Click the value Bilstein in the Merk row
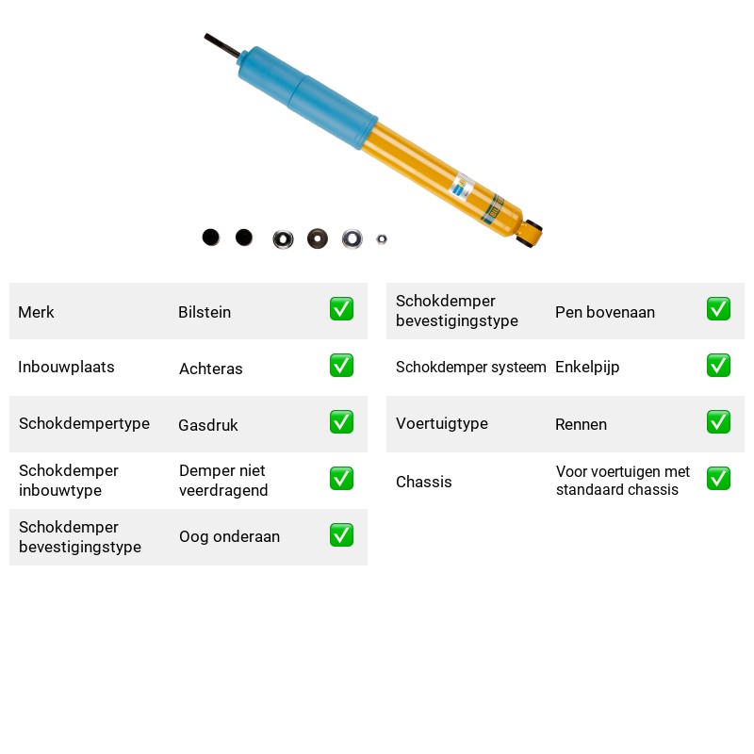coord(205,312)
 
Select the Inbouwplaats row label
coord(66,367)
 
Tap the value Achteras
coord(210,369)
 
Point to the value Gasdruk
coord(207,425)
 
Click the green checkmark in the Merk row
coord(341,309)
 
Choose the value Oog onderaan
coord(229,536)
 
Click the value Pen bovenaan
coord(605,312)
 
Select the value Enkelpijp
coord(587,368)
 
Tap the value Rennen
coord(581,424)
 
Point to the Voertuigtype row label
coord(442,423)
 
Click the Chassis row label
coord(423,482)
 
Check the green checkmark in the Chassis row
coord(718,479)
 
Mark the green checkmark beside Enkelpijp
coord(718,366)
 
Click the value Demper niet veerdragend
coord(223,481)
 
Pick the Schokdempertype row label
coord(84,423)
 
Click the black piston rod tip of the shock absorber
coord(207,37)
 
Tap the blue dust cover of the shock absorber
coord(308,98)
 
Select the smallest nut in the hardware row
coord(382,239)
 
